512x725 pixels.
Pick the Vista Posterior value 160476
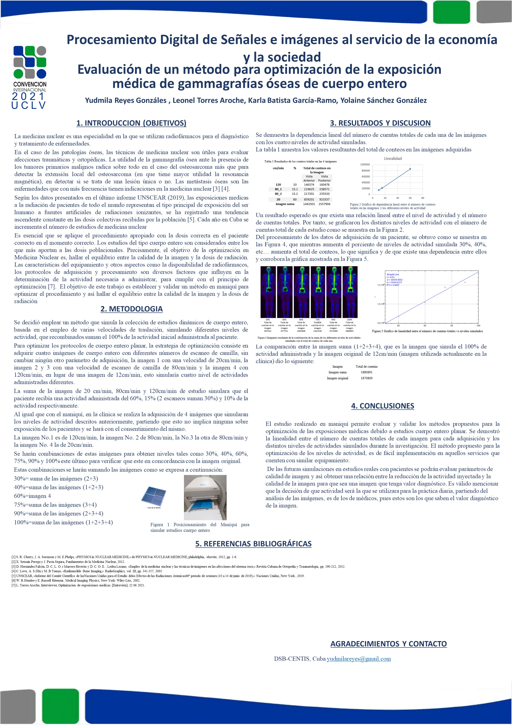(324, 185)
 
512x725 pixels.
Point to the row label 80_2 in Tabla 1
(278, 194)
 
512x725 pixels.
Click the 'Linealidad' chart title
(393, 159)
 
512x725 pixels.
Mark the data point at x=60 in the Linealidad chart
(410, 169)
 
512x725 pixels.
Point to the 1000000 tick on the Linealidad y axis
(365, 164)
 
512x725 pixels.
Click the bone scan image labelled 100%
(349, 292)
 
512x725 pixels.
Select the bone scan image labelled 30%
(268, 292)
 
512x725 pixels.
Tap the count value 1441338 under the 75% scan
(317, 331)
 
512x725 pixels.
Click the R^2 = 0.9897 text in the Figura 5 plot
(393, 285)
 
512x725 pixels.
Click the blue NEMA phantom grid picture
(154, 495)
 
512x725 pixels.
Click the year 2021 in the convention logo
(29, 96)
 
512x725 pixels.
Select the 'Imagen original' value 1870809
(367, 378)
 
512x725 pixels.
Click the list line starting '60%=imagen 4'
(32, 496)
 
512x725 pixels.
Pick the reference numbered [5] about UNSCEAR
(158, 576)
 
